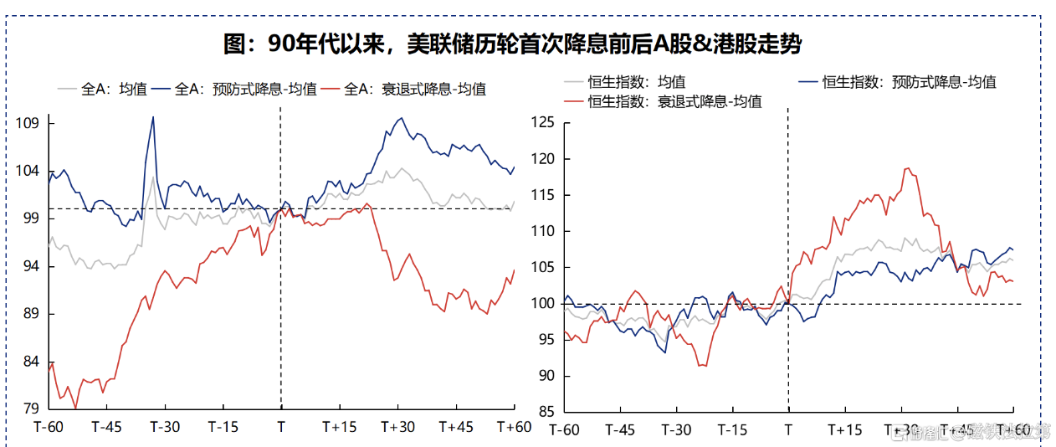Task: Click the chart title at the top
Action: (512, 44)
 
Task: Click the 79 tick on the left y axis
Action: (32, 409)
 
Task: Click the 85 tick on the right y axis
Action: (546, 412)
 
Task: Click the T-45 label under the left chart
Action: (106, 427)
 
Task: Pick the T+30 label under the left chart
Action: (397, 427)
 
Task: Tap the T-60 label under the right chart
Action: (564, 430)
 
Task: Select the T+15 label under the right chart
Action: (845, 430)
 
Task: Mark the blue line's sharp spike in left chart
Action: (152, 117)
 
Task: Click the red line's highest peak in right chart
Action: (907, 168)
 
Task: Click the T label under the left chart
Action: (281, 427)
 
